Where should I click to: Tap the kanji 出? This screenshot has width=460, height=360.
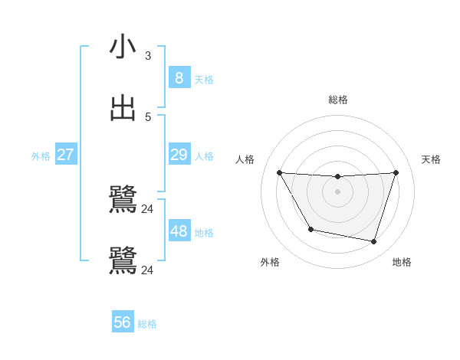pos(123,108)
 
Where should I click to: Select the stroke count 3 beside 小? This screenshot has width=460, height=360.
pos(148,56)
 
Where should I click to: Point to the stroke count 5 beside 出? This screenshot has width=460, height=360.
pos(148,117)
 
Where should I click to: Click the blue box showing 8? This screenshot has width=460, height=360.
pos(179,77)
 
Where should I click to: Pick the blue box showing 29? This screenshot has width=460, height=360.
pos(179,155)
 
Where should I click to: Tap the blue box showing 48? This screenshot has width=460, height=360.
pos(179,231)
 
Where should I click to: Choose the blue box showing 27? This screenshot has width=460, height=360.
pos(65,155)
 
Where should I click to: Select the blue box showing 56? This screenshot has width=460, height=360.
pos(122,322)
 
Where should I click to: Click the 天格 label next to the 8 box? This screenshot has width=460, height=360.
pos(204,79)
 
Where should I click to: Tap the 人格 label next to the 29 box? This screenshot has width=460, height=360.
pos(204,156)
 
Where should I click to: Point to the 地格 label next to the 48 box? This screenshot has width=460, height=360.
pos(204,233)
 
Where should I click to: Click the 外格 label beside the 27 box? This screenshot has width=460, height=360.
pos(41,156)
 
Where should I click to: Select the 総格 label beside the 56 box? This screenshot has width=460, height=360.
pos(147,324)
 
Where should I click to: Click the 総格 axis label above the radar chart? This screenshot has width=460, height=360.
pos(337,100)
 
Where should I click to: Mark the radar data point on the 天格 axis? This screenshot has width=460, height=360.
pos(396,172)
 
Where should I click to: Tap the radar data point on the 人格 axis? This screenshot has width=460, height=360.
pos(279,172)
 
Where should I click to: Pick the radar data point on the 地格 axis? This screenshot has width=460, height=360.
pos(373,241)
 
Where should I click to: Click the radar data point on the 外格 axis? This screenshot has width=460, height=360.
pos(310,229)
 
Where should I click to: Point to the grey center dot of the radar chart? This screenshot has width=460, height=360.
pos(337,191)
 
